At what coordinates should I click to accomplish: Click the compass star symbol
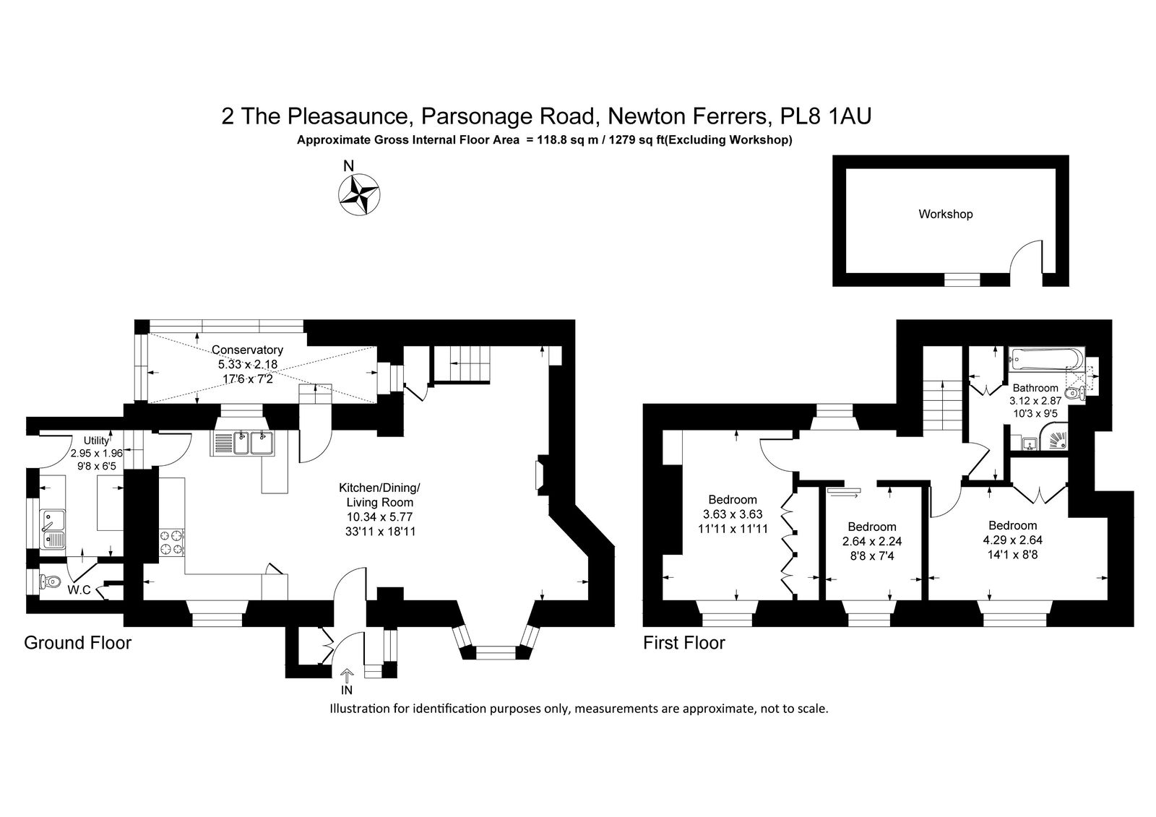point(359,194)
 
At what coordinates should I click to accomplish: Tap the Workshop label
point(946,215)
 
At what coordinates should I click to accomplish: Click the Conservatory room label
point(247,350)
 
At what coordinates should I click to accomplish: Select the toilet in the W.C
point(50,582)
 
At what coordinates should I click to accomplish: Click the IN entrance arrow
point(348,675)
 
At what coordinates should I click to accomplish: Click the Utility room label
point(97,440)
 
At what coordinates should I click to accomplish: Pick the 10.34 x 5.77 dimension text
point(379,516)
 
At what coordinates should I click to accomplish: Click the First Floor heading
point(683,643)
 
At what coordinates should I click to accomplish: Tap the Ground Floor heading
point(78,643)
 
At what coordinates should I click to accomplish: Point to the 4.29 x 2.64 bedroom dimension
point(1012,540)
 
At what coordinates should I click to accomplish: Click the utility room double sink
point(53,529)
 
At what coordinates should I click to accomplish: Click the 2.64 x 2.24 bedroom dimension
point(872,541)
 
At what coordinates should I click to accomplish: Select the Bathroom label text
point(1035,388)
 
